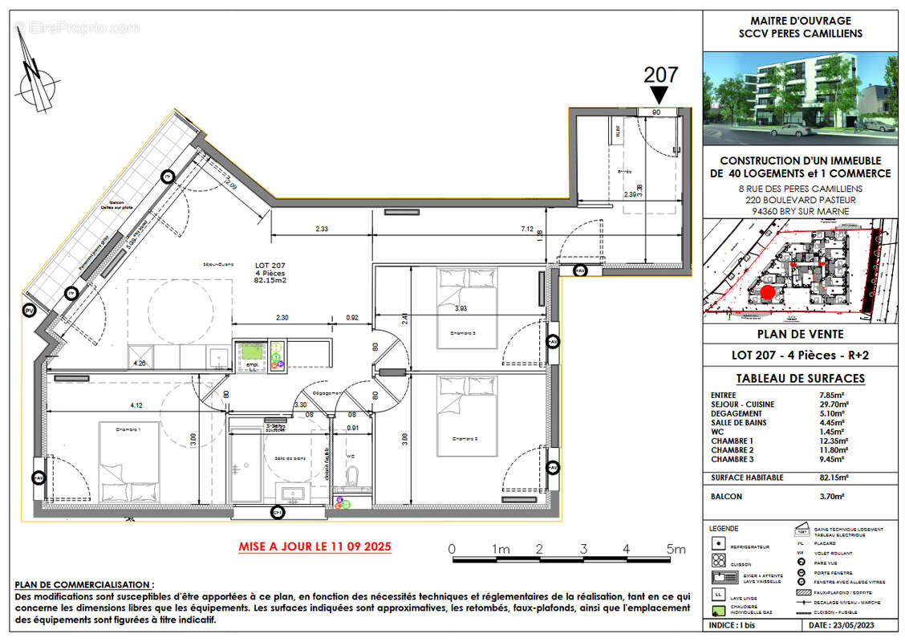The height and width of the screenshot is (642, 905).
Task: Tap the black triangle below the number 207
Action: tap(661, 95)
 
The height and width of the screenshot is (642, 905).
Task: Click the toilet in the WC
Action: tap(352, 479)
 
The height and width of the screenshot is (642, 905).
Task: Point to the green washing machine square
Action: tap(251, 354)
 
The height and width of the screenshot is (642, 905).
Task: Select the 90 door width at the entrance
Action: tap(655, 113)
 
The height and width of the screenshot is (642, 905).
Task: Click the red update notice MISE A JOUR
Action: tap(315, 547)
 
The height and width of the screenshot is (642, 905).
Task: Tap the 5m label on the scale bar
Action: tap(676, 550)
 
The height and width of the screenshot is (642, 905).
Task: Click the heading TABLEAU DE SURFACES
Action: tap(800, 379)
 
